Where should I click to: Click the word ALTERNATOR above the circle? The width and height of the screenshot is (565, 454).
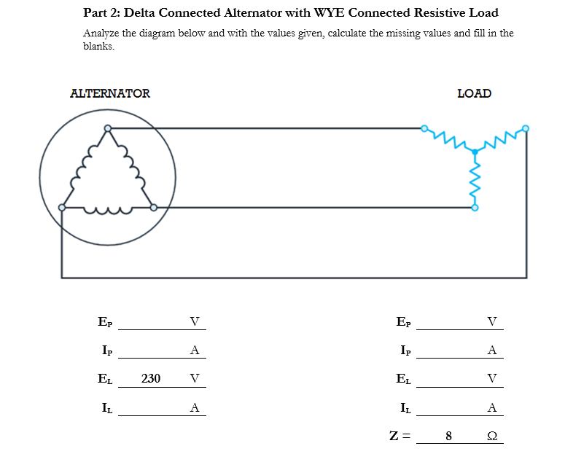pos(109,93)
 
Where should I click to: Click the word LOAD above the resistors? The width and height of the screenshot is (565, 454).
pos(474,93)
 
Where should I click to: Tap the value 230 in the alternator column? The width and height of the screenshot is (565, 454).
pos(151,378)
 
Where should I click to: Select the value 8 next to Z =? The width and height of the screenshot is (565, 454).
pos(448,436)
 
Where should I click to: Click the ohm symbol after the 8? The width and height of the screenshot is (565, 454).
pos(492,436)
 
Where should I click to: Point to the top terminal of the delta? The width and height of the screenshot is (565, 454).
pos(108,129)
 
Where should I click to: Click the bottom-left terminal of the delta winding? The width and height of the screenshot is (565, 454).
pos(63,208)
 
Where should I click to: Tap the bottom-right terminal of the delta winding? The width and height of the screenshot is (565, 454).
pos(153,208)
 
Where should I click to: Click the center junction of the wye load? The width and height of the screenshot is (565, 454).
pos(475,152)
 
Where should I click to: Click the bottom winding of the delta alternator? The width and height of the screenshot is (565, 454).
pos(108,211)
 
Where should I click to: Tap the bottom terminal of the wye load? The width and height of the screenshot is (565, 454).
pos(475,208)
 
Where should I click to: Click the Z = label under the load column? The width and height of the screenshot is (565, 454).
pos(400,436)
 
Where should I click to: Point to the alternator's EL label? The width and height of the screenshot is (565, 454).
pos(105,378)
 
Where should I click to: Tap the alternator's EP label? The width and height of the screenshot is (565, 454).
pos(105,321)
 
